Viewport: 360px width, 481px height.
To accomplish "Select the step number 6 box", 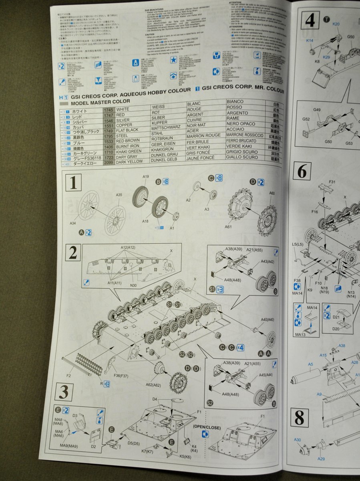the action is point(302,172).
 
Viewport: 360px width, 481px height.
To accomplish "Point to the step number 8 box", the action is point(299,418).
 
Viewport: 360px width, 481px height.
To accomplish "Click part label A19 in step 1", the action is point(146,176).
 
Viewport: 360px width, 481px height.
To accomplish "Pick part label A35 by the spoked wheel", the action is point(119,195).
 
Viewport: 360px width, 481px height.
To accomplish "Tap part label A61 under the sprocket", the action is point(228,227).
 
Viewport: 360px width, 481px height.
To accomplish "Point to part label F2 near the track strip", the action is point(68,376).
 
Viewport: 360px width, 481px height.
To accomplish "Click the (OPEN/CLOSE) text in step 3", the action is point(206,427).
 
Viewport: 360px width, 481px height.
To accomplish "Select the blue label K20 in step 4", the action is point(336,24).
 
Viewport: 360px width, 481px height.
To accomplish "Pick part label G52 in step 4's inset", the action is point(306,119).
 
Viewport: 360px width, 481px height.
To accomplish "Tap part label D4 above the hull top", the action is point(155,399).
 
